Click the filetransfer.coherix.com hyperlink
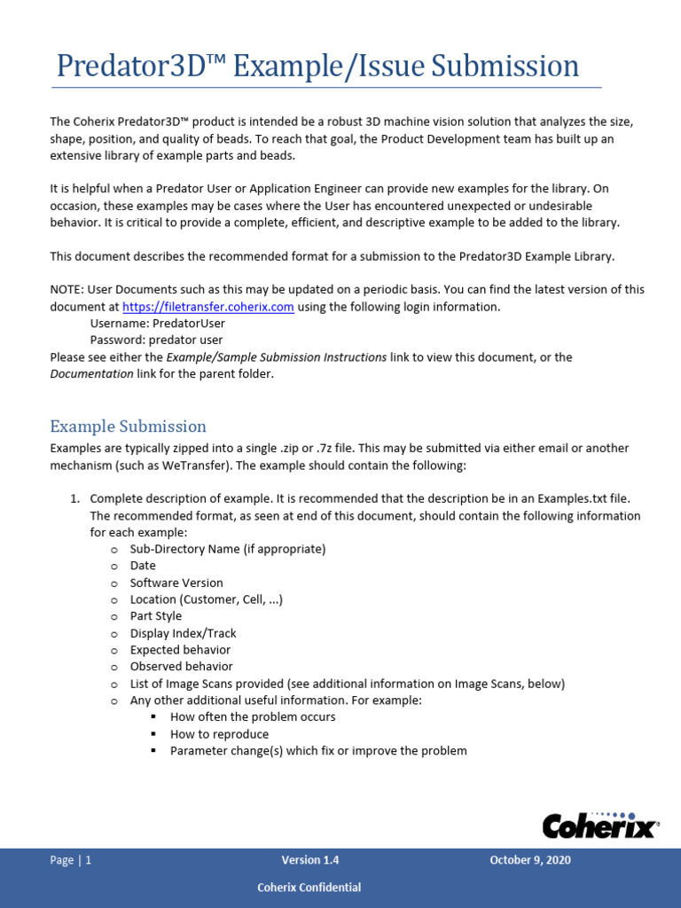point(207,307)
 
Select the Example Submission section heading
point(128,426)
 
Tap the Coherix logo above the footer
point(600,825)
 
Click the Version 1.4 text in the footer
point(310,860)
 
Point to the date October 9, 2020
point(529,860)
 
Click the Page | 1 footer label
point(71,860)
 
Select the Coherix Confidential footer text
point(309,887)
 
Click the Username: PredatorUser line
point(158,324)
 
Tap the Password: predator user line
point(156,340)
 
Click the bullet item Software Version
point(176,583)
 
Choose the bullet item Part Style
point(155,616)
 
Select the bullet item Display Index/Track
point(183,633)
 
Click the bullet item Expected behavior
point(180,650)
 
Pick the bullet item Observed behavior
point(181,666)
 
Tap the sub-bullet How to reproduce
point(219,734)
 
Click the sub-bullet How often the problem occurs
point(253,716)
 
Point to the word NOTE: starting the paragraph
point(67,290)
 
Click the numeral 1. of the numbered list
point(75,499)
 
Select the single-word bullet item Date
point(143,566)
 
